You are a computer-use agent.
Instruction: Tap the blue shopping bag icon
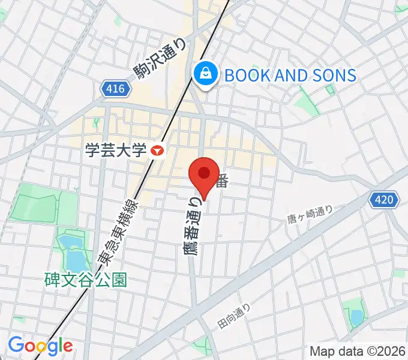[205, 74]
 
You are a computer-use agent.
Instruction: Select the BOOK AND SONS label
[290, 75]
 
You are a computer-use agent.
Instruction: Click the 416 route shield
[114, 89]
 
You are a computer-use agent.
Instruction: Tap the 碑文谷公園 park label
[86, 280]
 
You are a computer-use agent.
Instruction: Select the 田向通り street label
[233, 316]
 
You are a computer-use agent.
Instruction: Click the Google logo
[40, 346]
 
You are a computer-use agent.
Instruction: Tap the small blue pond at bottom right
[356, 316]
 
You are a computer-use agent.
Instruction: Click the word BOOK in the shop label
[245, 75]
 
